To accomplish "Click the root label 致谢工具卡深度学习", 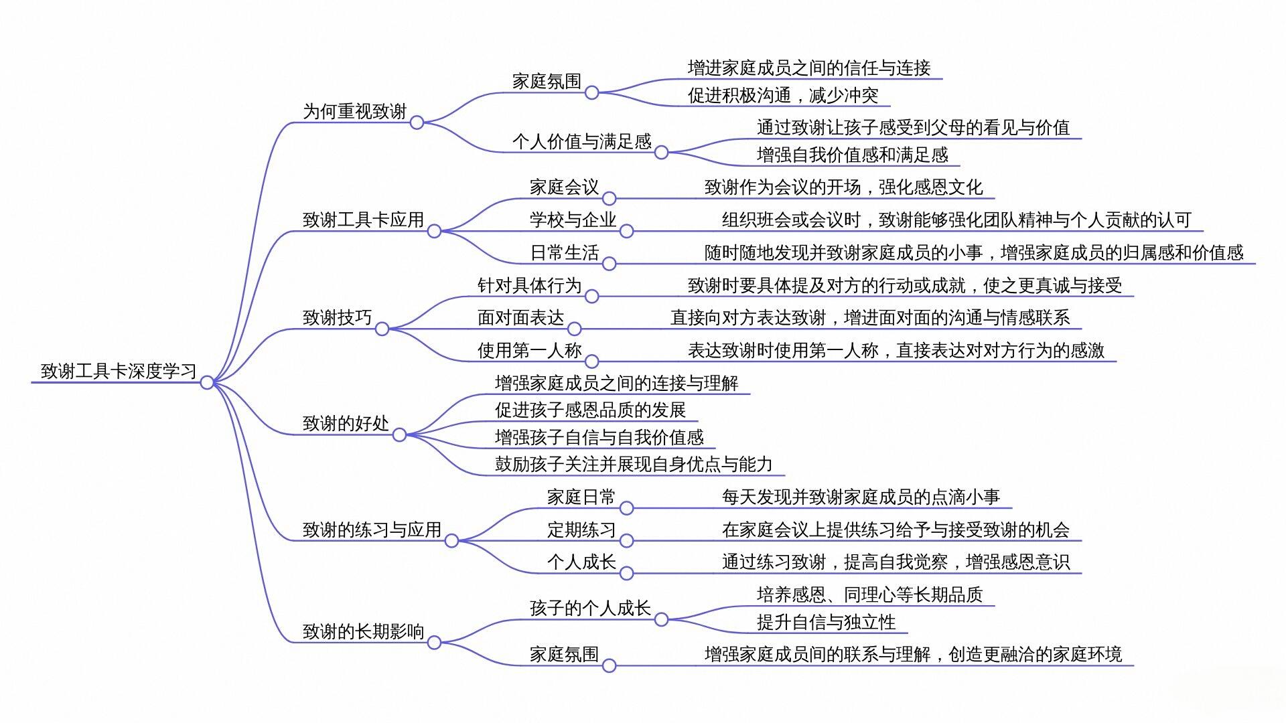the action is [119, 371].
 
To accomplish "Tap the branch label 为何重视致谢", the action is [354, 111].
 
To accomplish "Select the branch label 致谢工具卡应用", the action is [363, 220].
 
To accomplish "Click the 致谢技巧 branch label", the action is [337, 317].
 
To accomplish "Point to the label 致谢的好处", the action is [346, 423].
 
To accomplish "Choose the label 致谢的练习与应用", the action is [372, 530].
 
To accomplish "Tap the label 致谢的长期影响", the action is [363, 631].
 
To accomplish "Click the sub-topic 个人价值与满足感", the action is [581, 141].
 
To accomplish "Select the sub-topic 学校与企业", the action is [573, 220].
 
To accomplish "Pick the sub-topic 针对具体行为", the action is [529, 285].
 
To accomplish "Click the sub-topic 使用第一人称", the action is [529, 350].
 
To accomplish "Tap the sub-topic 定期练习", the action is [581, 530].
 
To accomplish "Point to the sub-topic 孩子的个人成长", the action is [590, 608].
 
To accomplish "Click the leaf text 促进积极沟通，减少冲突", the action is [783, 95].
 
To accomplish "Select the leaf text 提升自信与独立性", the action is [826, 622].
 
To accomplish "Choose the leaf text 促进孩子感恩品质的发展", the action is [590, 410].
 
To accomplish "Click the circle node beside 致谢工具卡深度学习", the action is [207, 382].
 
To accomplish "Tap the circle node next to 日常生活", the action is [609, 264].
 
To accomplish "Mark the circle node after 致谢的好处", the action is [399, 434].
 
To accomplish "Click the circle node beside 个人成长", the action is [626, 573].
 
